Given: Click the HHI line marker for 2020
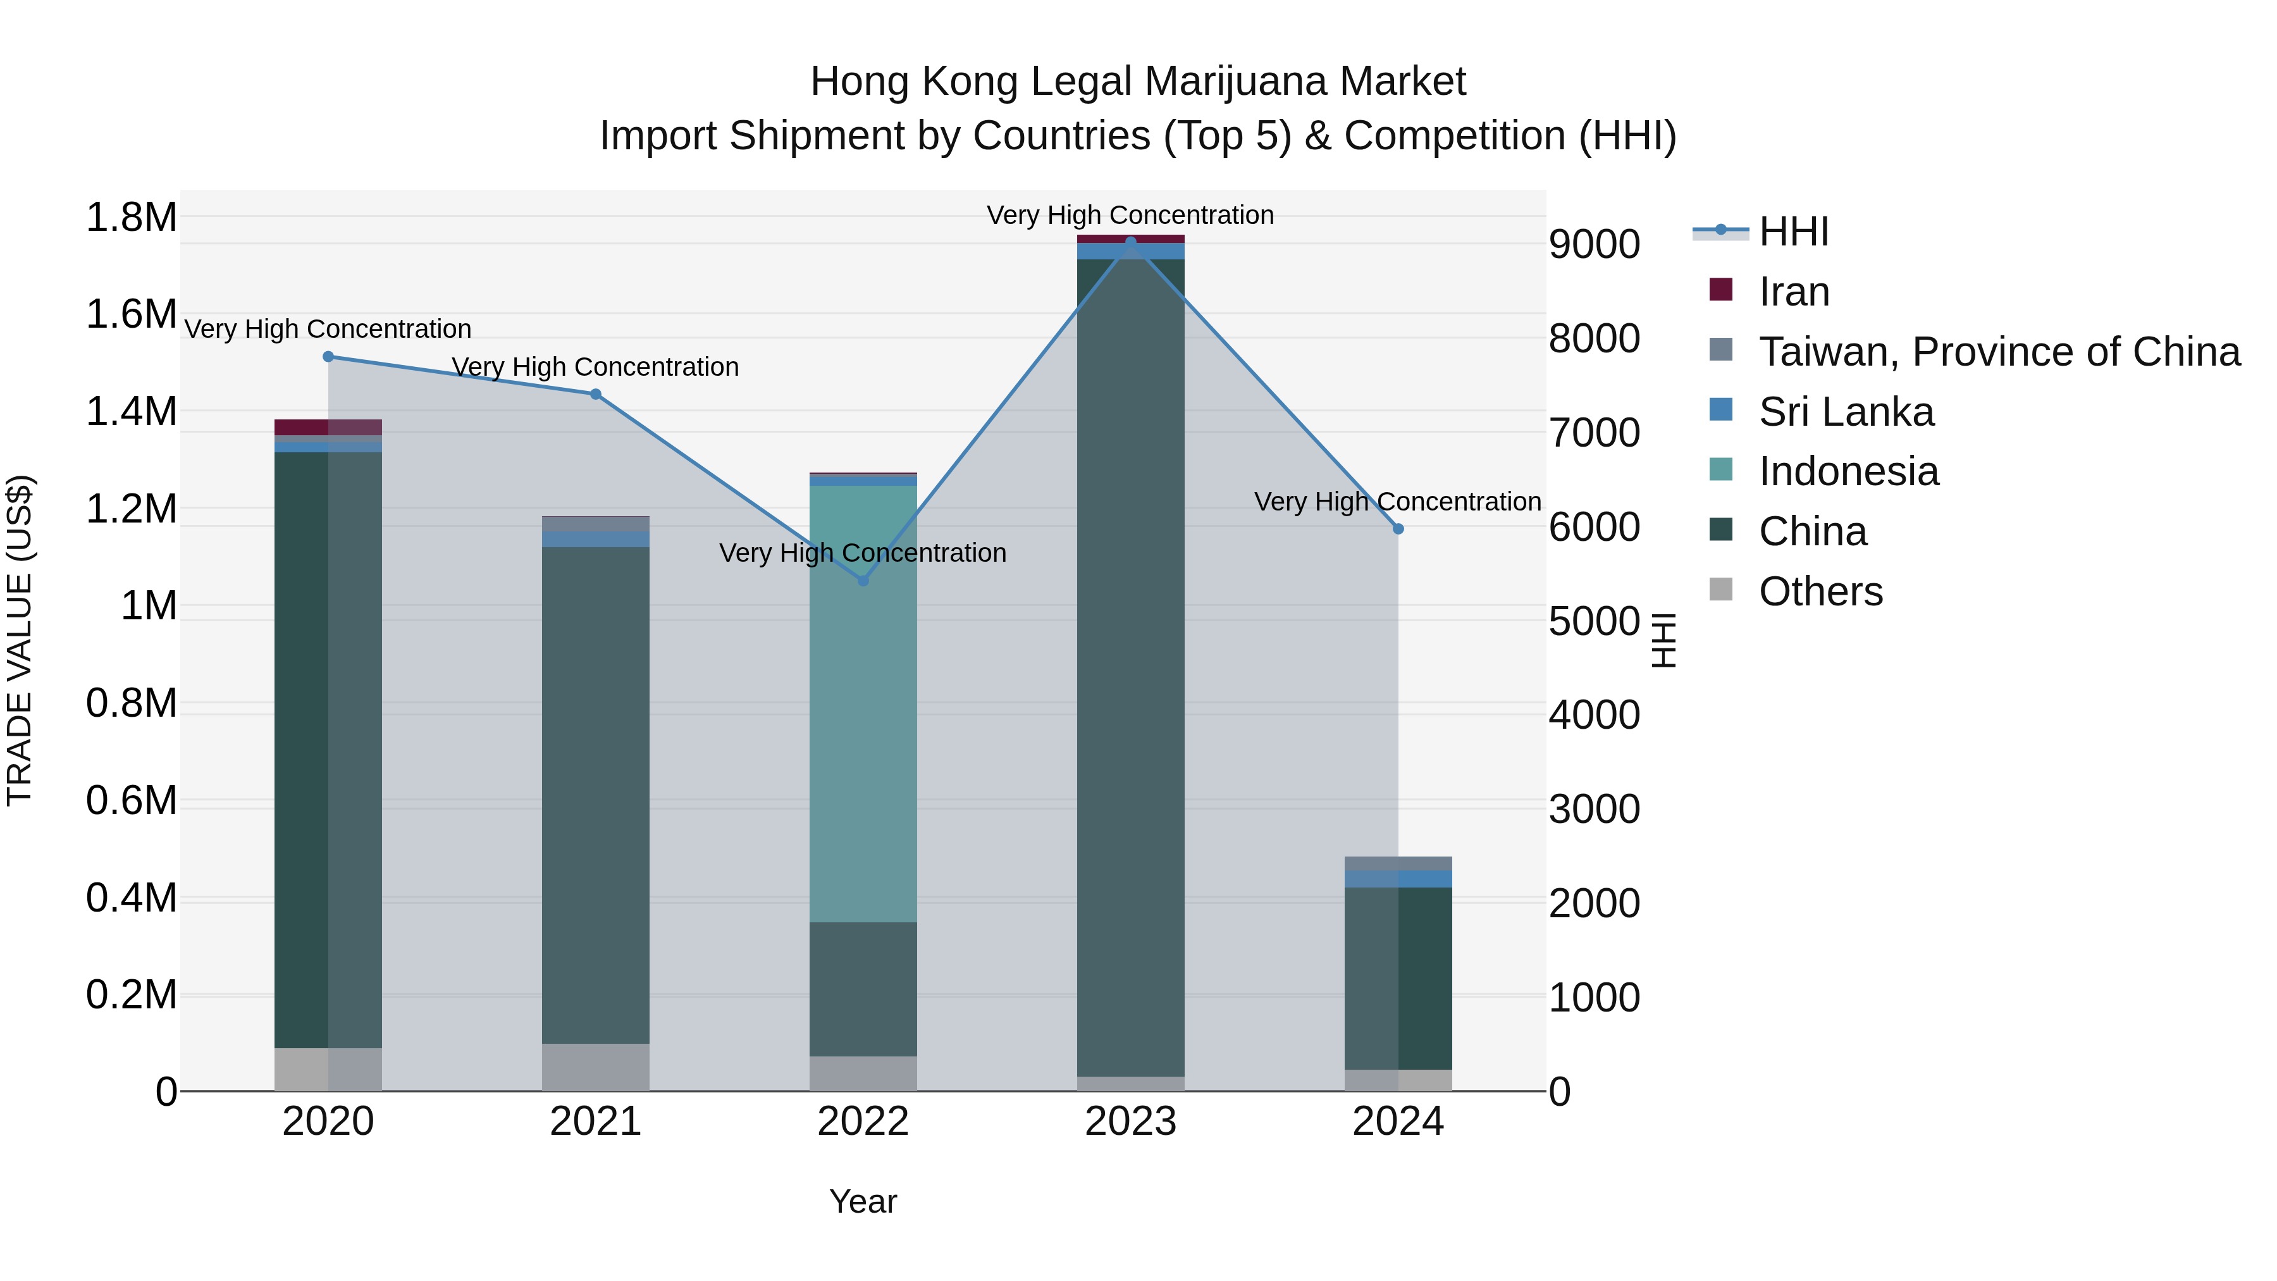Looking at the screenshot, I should pos(328,356).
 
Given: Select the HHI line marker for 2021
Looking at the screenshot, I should pos(596,394).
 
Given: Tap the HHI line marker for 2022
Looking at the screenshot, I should pos(863,581).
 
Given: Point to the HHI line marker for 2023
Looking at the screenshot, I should pos(1130,242).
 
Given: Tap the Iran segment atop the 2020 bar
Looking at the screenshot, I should pos(328,427).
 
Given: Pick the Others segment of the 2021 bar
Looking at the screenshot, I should pos(596,1067).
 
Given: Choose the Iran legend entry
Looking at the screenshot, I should pos(1794,292).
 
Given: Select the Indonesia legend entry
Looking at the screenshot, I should pos(1848,471).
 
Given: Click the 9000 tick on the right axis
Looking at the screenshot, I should pos(1594,244).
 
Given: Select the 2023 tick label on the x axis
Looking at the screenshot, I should pos(1130,1122).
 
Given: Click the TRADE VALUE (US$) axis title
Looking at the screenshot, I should pos(20,640).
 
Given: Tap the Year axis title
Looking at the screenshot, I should pos(863,1201).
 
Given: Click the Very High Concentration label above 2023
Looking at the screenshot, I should pos(1130,215).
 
